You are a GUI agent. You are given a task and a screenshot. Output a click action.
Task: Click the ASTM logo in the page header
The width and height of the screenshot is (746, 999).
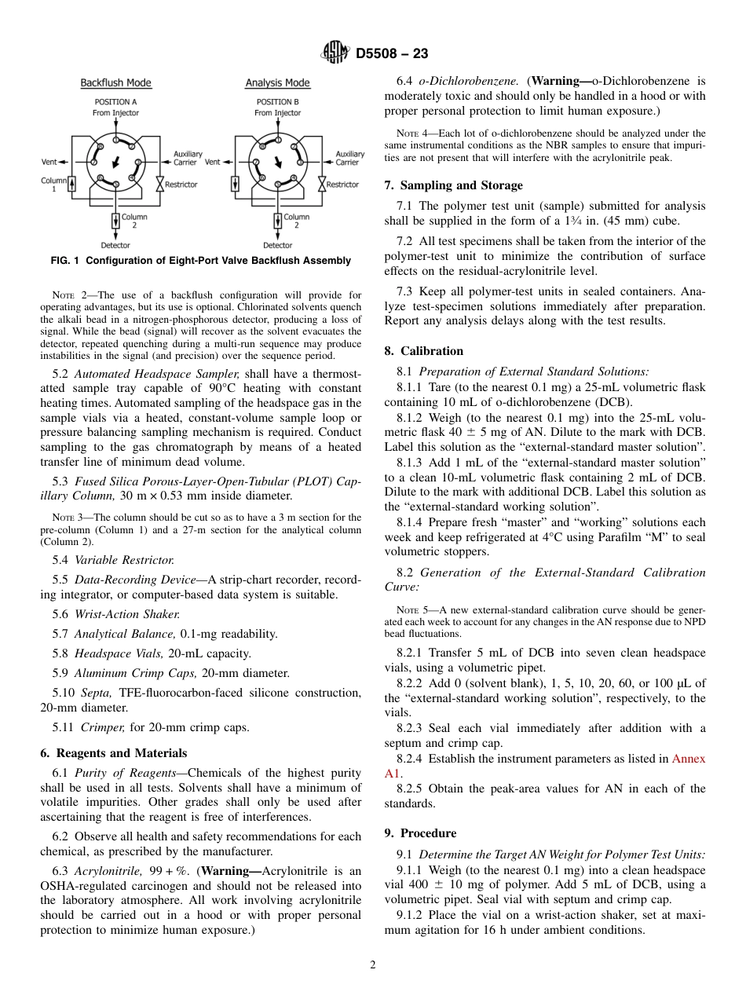(337, 53)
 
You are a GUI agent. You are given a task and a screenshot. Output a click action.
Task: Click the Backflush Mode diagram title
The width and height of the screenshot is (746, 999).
(115, 83)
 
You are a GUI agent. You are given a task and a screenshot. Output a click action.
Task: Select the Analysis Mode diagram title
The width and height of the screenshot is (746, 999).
(277, 83)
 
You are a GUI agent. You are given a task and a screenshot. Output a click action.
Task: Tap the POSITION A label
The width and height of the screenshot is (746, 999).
(115, 102)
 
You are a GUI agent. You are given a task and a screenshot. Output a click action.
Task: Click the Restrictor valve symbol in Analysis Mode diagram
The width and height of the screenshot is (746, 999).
(321, 185)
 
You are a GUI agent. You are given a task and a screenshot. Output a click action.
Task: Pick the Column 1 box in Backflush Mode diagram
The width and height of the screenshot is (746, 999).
(73, 185)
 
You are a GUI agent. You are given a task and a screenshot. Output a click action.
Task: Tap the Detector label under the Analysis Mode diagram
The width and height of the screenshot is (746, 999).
(278, 245)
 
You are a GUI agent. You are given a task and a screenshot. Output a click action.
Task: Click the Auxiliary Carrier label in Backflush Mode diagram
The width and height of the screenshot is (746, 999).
(187, 159)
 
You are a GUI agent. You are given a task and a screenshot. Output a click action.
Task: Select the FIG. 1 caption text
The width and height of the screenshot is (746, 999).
(202, 261)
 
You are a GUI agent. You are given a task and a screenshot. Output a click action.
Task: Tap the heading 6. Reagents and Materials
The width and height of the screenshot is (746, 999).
(113, 752)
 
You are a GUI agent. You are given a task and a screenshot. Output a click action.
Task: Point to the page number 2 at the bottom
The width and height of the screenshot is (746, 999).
(373, 965)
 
